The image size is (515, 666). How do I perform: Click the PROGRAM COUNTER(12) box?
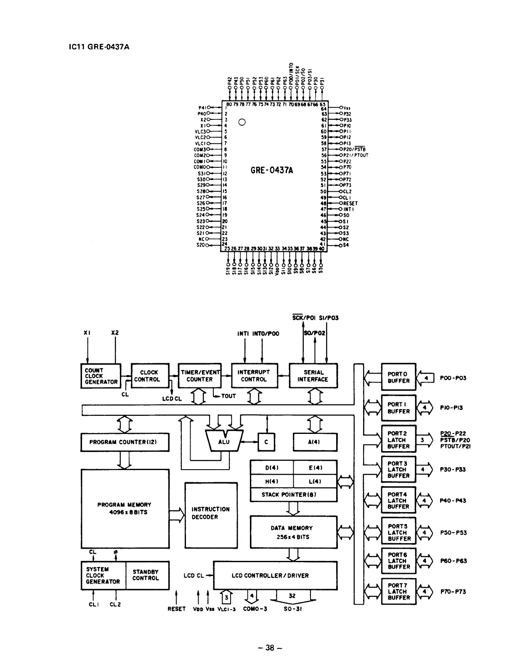coord(125,442)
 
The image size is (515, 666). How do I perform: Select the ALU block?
coord(224,442)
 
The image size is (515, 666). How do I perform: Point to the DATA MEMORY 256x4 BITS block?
coord(293,532)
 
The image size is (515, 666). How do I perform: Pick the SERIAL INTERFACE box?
coord(313,376)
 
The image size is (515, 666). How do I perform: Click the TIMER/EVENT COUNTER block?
coord(200,376)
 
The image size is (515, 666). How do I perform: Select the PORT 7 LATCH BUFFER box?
coord(398,591)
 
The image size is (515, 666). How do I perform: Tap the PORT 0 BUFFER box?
coord(398,377)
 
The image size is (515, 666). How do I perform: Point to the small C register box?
coord(266,442)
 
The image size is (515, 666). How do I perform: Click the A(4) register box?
coord(315,442)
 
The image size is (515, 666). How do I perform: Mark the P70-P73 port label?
coord(453,592)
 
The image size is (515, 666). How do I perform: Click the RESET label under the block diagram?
coord(176,609)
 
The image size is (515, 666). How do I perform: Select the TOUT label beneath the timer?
coord(228,396)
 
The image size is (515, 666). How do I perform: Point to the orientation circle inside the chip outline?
coord(242,122)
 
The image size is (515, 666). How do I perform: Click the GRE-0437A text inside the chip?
coord(272,170)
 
